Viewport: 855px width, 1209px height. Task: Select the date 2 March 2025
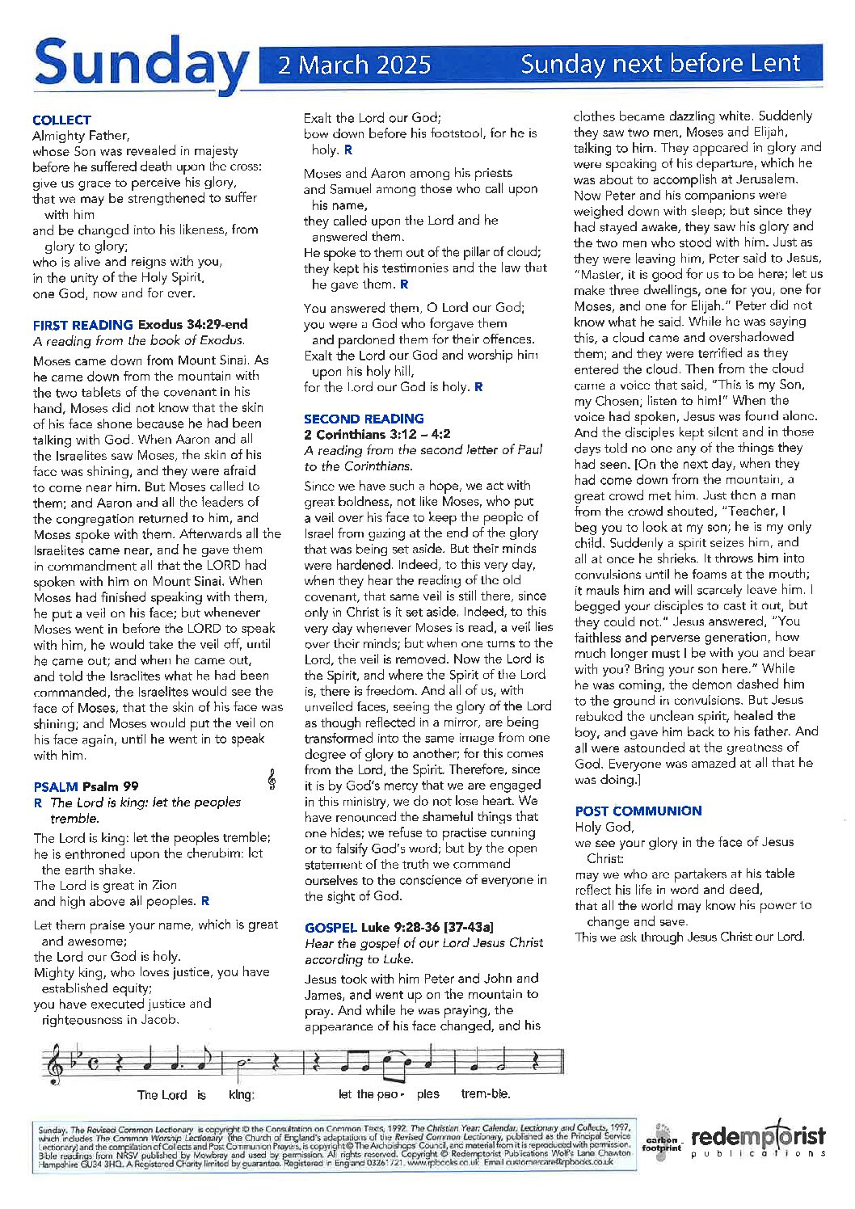point(354,65)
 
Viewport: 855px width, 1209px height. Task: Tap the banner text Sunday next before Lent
point(660,64)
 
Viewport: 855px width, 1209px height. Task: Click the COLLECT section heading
point(61,120)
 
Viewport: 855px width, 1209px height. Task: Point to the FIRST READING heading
point(82,325)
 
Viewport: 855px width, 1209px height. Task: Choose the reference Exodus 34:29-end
point(193,325)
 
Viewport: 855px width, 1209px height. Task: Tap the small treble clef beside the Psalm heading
point(272,779)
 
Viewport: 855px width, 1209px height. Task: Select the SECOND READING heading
point(364,419)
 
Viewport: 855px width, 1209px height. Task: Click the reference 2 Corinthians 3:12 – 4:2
point(377,434)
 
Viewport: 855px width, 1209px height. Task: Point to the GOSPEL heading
point(331,927)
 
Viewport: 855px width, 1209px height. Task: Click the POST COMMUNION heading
point(638,811)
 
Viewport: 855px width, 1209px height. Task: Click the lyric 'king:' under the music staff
point(242,1095)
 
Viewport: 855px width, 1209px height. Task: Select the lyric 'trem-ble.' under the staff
point(486,1094)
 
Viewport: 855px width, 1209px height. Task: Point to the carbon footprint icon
point(662,1141)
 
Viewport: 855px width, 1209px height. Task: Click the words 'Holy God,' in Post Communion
point(604,827)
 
